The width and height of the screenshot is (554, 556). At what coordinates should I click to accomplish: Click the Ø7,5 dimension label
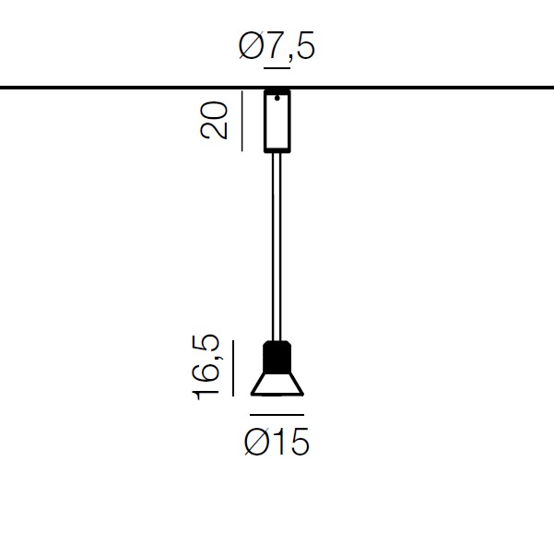click(277, 46)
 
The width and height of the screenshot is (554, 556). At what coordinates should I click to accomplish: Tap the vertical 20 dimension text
click(214, 120)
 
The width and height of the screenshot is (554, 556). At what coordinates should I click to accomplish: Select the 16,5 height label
click(206, 367)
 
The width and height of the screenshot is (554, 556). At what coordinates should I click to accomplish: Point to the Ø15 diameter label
click(277, 442)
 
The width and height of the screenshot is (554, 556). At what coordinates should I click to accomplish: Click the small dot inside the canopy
click(277, 98)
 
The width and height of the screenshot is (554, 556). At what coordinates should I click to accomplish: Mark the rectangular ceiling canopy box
click(277, 121)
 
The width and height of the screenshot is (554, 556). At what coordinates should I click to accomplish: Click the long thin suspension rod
click(277, 247)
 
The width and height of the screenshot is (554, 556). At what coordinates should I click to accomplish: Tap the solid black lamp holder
click(277, 357)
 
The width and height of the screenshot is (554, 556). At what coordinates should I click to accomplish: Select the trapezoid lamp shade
click(277, 384)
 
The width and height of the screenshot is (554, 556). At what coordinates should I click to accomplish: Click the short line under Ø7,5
click(277, 67)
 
